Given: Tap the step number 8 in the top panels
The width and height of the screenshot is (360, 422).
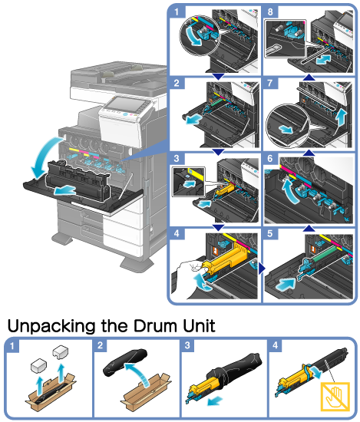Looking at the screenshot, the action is click(x=270, y=12).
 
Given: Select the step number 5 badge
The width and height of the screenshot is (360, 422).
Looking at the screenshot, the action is click(x=270, y=233).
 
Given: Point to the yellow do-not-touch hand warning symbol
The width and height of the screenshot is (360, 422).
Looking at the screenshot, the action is click(x=335, y=397).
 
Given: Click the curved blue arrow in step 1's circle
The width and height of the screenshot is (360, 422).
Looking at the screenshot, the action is click(x=193, y=35).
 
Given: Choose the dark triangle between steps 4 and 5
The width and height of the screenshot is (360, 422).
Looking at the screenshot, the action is click(x=262, y=269).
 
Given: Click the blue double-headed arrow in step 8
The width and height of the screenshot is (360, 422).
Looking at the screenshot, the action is click(x=324, y=60).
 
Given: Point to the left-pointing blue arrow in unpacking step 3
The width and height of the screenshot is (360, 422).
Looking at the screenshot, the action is click(x=215, y=401).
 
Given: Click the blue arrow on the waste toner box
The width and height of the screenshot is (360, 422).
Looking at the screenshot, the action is click(x=65, y=190).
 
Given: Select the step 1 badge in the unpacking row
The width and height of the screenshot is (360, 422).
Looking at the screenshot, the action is click(x=12, y=345).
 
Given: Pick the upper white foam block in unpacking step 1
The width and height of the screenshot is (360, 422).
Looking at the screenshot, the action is click(x=61, y=351).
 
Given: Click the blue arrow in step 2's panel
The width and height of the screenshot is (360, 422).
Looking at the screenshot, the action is click(x=194, y=119).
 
